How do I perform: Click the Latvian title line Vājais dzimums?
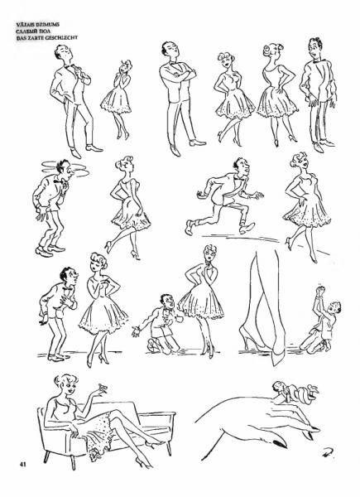pos(38,24)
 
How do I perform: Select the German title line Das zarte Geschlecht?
pos(47,38)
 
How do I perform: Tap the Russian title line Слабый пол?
pos(33,31)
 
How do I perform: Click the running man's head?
pos(242,166)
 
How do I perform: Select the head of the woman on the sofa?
pos(67,386)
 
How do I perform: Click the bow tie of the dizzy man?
pos(58,182)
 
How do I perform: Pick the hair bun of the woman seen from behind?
pos(268,49)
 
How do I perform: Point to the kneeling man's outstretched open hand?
pos(137,331)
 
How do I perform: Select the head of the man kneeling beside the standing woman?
pos(167,302)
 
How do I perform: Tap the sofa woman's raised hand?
pos(101,390)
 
